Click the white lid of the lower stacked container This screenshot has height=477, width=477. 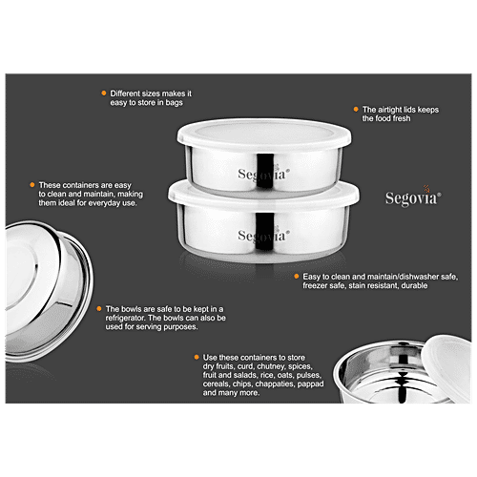[x=264, y=192]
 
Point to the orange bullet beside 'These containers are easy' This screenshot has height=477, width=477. [x=32, y=183]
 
